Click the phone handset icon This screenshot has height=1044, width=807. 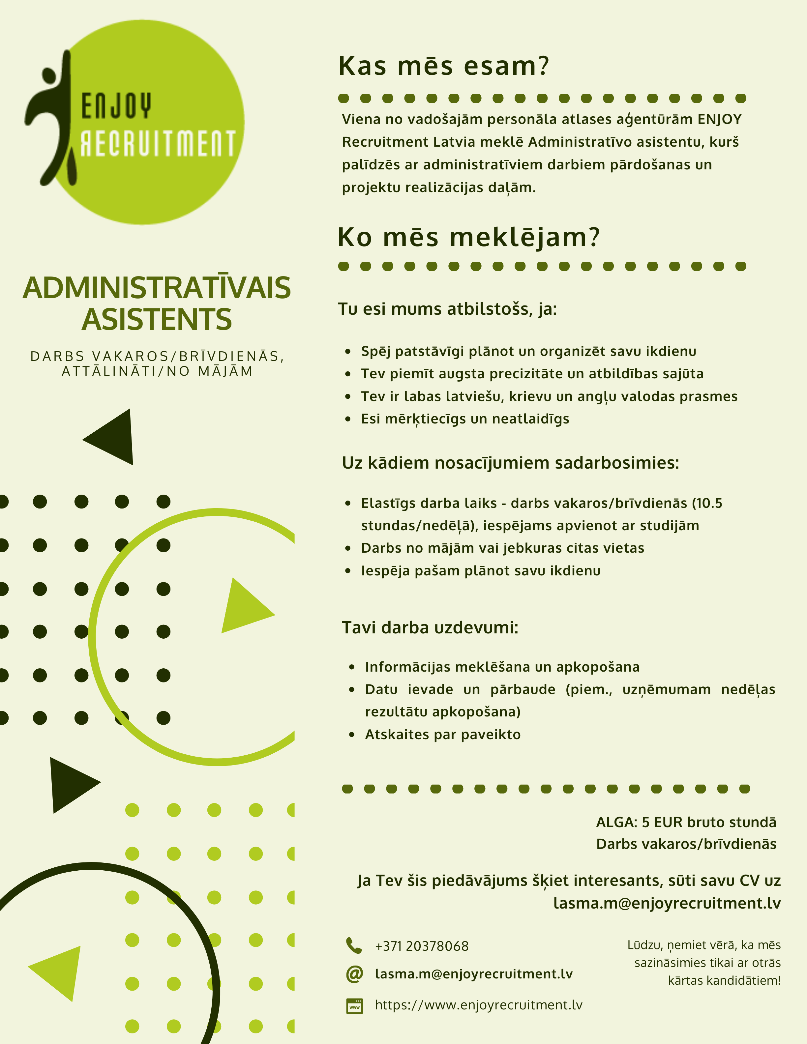point(354,945)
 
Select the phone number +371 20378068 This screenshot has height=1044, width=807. point(422,946)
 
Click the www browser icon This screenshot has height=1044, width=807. point(354,1006)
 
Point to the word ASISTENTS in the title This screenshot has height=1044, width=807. point(157,319)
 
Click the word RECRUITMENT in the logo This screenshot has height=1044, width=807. point(158,143)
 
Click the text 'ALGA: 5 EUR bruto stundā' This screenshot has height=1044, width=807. point(686,822)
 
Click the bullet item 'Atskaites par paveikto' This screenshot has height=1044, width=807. point(443,734)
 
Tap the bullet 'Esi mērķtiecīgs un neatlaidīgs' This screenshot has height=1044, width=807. point(465,419)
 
